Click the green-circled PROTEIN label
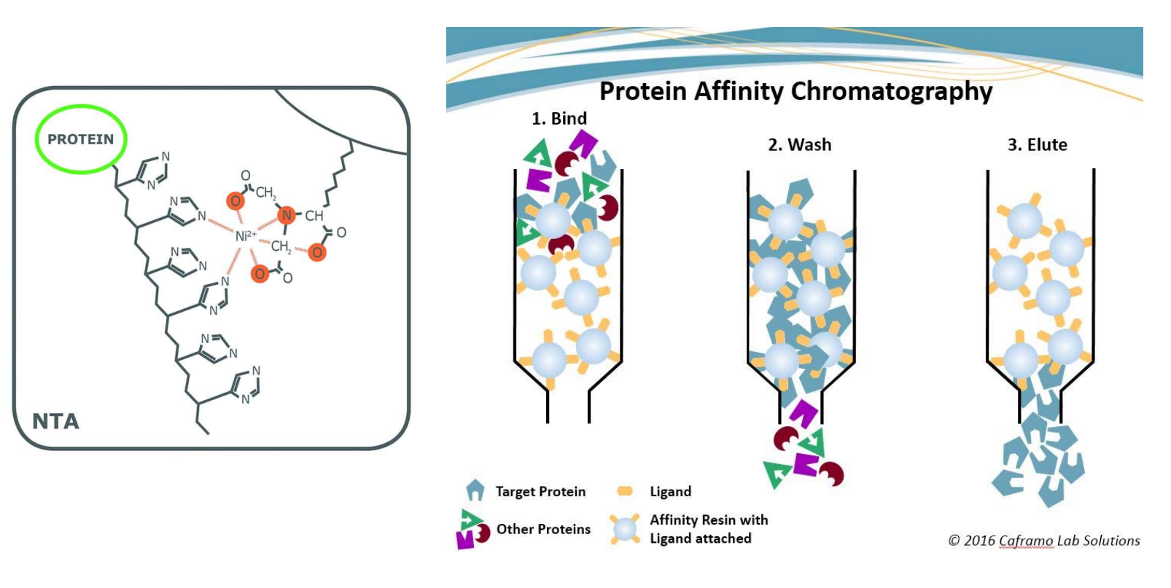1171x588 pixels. point(80,139)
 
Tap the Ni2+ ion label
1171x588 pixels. point(245,235)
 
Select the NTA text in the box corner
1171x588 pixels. point(55,421)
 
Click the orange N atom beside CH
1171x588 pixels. point(287,215)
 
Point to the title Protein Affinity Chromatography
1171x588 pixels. point(795,92)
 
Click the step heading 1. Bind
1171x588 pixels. point(559,119)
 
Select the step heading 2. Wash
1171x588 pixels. point(799,145)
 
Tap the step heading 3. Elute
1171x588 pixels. point(1037,145)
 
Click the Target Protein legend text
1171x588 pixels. point(540,492)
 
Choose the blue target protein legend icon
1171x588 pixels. point(475,490)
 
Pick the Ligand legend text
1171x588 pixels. point(670,492)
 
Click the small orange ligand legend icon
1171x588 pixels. point(625,491)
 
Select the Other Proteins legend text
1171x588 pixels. point(543,530)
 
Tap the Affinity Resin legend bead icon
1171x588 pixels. point(625,530)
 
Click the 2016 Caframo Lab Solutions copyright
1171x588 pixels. point(1043,541)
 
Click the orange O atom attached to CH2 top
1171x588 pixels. point(235,200)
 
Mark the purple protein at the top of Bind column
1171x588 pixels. point(583,142)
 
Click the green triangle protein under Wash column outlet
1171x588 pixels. point(812,442)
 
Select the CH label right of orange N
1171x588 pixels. point(314,216)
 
